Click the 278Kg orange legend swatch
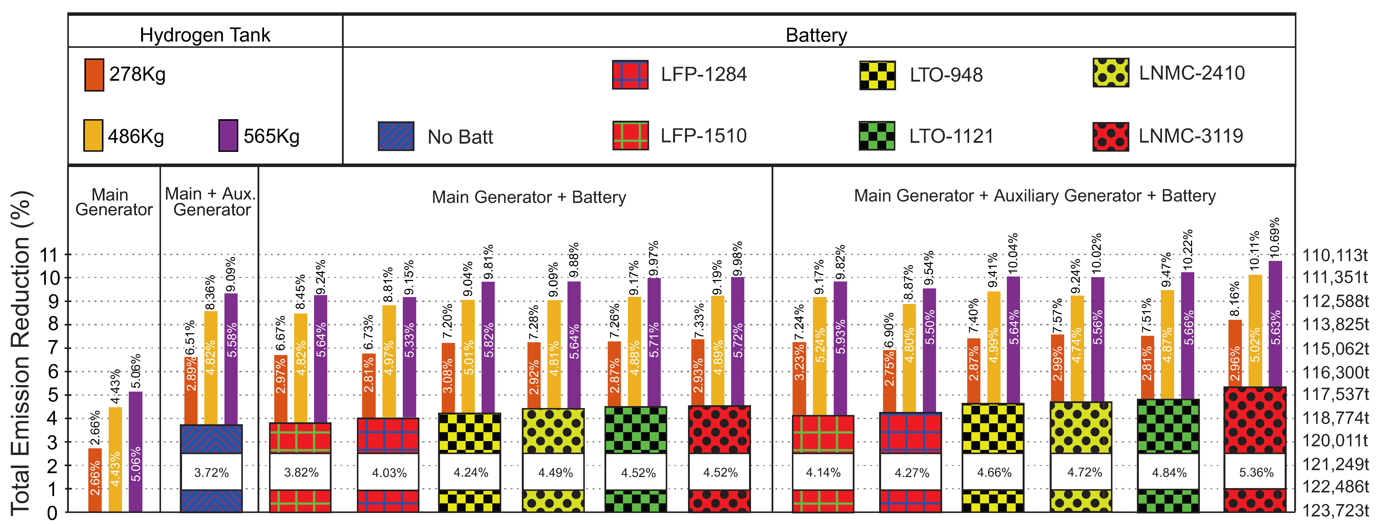click(x=94, y=75)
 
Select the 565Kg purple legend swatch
click(x=228, y=136)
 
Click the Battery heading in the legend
click(x=816, y=35)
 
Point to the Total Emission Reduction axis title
click(x=21, y=353)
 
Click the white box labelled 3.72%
click(x=211, y=472)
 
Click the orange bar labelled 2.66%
click(x=95, y=480)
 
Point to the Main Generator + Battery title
click(x=529, y=197)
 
